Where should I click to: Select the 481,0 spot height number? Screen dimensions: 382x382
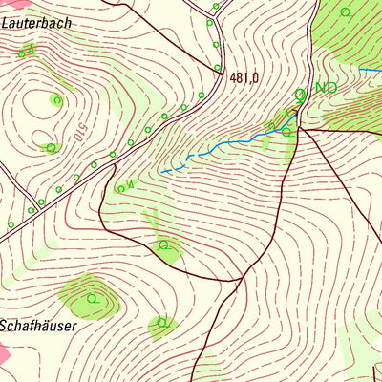click(x=244, y=78)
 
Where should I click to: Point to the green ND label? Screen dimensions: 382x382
click(x=326, y=88)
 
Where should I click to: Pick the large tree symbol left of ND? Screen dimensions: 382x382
click(x=301, y=94)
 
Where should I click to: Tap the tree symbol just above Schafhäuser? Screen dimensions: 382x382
click(x=92, y=298)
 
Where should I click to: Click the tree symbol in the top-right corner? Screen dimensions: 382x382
click(x=347, y=11)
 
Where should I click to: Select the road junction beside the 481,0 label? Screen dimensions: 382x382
click(x=222, y=72)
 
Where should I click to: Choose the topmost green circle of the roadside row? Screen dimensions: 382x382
click(x=216, y=6)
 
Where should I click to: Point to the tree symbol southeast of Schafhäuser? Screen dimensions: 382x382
click(x=164, y=321)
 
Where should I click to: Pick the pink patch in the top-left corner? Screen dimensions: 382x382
click(x=4, y=5)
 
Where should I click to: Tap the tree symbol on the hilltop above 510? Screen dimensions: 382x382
click(x=57, y=99)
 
